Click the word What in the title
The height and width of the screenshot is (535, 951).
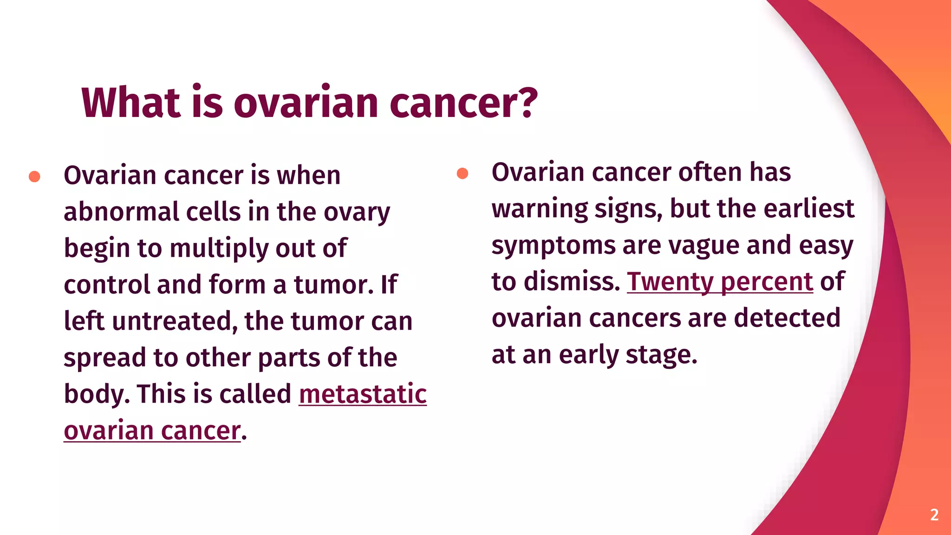pos(130,103)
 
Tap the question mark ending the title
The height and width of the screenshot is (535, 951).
pos(527,103)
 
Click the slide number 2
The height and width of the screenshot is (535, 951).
pos(934,515)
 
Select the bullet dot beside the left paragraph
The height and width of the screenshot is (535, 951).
pos(34,176)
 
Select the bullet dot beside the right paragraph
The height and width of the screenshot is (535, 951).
pos(462,173)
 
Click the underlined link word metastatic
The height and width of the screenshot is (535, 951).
pos(363,394)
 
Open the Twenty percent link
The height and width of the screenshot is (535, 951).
pos(720,281)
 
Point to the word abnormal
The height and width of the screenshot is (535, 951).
pos(121,212)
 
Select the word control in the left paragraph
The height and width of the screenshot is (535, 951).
pos(106,285)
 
